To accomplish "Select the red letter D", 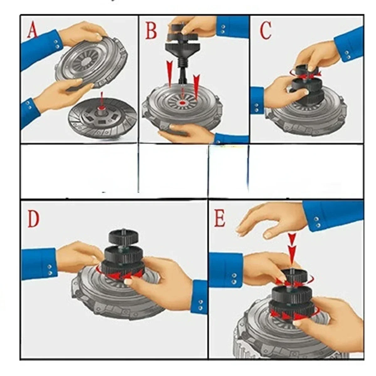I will click(33, 219).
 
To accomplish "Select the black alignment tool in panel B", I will click(182, 50).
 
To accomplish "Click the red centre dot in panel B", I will click(183, 103).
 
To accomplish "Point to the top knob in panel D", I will click(123, 237).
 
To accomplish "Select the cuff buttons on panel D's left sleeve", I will click(50, 270).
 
